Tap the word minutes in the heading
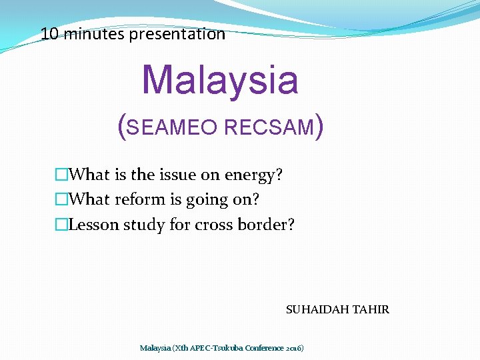(x=94, y=34)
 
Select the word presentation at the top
(x=177, y=34)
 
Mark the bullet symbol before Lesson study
(x=61, y=225)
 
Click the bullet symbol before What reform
(x=61, y=199)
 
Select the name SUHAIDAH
(x=317, y=309)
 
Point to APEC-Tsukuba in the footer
(x=217, y=348)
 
